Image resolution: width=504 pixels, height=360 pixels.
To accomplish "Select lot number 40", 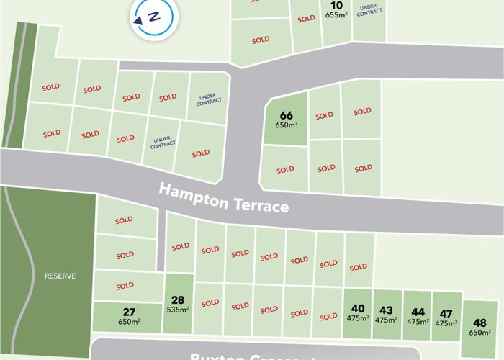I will tap(358, 309).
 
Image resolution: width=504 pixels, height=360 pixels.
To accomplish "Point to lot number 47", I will tap(446, 313).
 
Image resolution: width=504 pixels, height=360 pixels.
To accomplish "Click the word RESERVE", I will tap(60, 276).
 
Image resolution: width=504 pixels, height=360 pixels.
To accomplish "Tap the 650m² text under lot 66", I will tap(286, 125).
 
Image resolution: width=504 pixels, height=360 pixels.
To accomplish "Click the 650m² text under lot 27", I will tap(129, 321).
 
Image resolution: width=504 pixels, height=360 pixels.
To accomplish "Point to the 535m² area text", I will tap(178, 310).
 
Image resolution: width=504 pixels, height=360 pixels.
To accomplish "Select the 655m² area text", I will tap(336, 14).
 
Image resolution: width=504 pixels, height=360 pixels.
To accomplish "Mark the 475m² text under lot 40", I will tap(358, 319).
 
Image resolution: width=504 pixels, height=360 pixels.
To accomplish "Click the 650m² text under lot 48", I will tap(480, 333).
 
